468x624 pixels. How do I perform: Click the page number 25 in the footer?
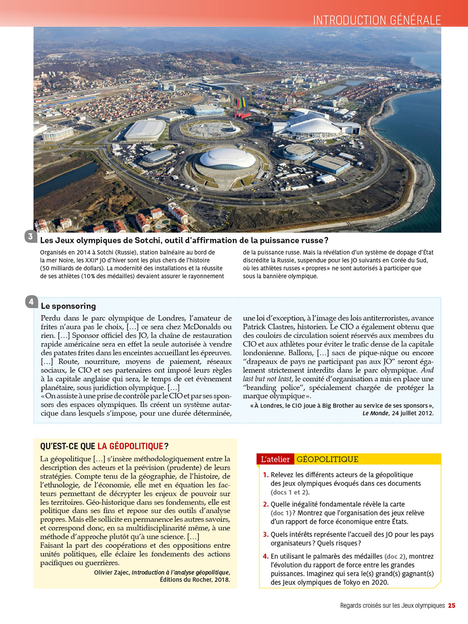[451, 606]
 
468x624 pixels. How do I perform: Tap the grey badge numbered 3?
[30, 237]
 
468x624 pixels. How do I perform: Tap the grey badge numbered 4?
[31, 302]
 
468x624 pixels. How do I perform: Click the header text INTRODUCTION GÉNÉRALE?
[376, 20]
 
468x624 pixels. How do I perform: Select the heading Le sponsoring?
[68, 306]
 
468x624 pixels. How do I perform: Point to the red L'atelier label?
[275, 459]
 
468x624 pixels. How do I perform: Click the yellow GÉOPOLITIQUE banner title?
[327, 459]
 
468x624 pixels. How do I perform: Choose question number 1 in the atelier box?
[265, 475]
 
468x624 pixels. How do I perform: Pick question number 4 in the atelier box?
[265, 556]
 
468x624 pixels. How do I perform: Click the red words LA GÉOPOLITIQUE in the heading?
[130, 446]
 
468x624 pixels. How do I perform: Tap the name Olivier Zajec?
[111, 572]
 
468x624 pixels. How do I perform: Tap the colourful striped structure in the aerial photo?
[241, 102]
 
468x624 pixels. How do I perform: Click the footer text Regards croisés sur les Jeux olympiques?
[392, 606]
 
